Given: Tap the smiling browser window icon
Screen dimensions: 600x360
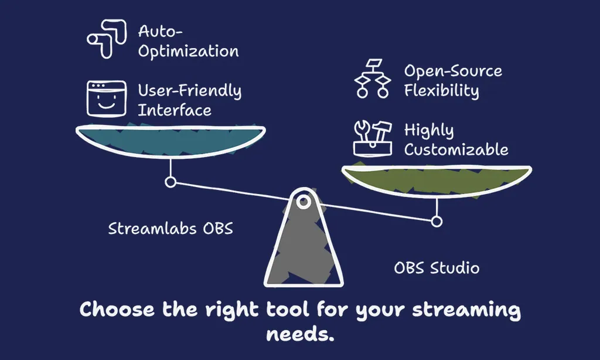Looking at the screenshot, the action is coord(107,99).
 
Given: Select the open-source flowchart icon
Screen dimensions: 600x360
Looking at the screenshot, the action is coord(373,79).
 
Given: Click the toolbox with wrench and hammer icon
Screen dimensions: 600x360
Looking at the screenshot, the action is coord(373,138).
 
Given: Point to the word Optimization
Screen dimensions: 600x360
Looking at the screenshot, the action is coord(188,52).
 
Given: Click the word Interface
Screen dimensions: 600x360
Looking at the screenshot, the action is coord(175,110).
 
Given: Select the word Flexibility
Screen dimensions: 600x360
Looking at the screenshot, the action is coord(442,91).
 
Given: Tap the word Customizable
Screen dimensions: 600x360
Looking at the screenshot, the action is coord(456,150).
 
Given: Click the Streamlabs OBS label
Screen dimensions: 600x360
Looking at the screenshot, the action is coord(171,229).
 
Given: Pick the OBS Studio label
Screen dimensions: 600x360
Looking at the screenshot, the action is coord(437,268).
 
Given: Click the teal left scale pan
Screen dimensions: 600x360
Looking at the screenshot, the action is coord(171,140).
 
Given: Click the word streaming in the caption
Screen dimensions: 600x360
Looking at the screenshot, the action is coord(466,310).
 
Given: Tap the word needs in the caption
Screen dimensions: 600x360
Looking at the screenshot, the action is coord(300,334).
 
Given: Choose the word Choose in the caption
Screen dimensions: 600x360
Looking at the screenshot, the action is coord(117,309).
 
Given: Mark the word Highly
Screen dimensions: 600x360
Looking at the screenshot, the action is coord(429,131).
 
